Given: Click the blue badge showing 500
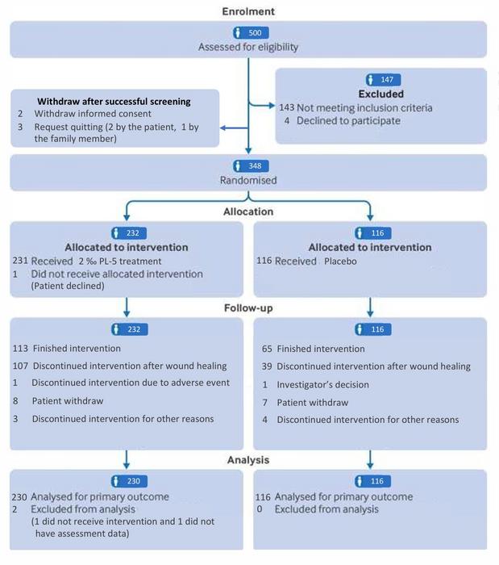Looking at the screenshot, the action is (x=251, y=33).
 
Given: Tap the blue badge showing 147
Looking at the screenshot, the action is (x=383, y=80).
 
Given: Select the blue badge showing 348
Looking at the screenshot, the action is (x=251, y=166).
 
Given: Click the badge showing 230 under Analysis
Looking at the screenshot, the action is (x=129, y=481).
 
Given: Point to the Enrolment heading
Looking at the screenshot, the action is (x=248, y=11).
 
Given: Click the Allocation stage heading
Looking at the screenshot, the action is (x=248, y=211).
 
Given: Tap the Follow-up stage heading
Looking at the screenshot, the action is (x=248, y=308).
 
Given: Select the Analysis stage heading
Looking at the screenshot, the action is (x=248, y=460).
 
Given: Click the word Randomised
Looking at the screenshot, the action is (x=248, y=180).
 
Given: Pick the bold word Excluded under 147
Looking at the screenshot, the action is (x=381, y=94).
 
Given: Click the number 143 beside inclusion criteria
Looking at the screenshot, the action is (x=287, y=107).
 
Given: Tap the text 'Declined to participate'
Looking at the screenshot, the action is (x=348, y=121).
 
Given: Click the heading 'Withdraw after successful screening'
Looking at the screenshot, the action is (x=114, y=102).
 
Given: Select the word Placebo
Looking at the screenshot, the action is (x=340, y=262).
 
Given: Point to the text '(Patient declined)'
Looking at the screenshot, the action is (x=68, y=286).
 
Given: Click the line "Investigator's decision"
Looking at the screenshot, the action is (x=322, y=385).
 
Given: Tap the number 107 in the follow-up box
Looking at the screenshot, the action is (x=20, y=366).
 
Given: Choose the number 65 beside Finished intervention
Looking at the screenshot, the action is (x=267, y=349).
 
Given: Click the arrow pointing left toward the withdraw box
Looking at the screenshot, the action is (x=235, y=128).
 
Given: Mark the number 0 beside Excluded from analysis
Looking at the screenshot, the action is (x=260, y=509).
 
